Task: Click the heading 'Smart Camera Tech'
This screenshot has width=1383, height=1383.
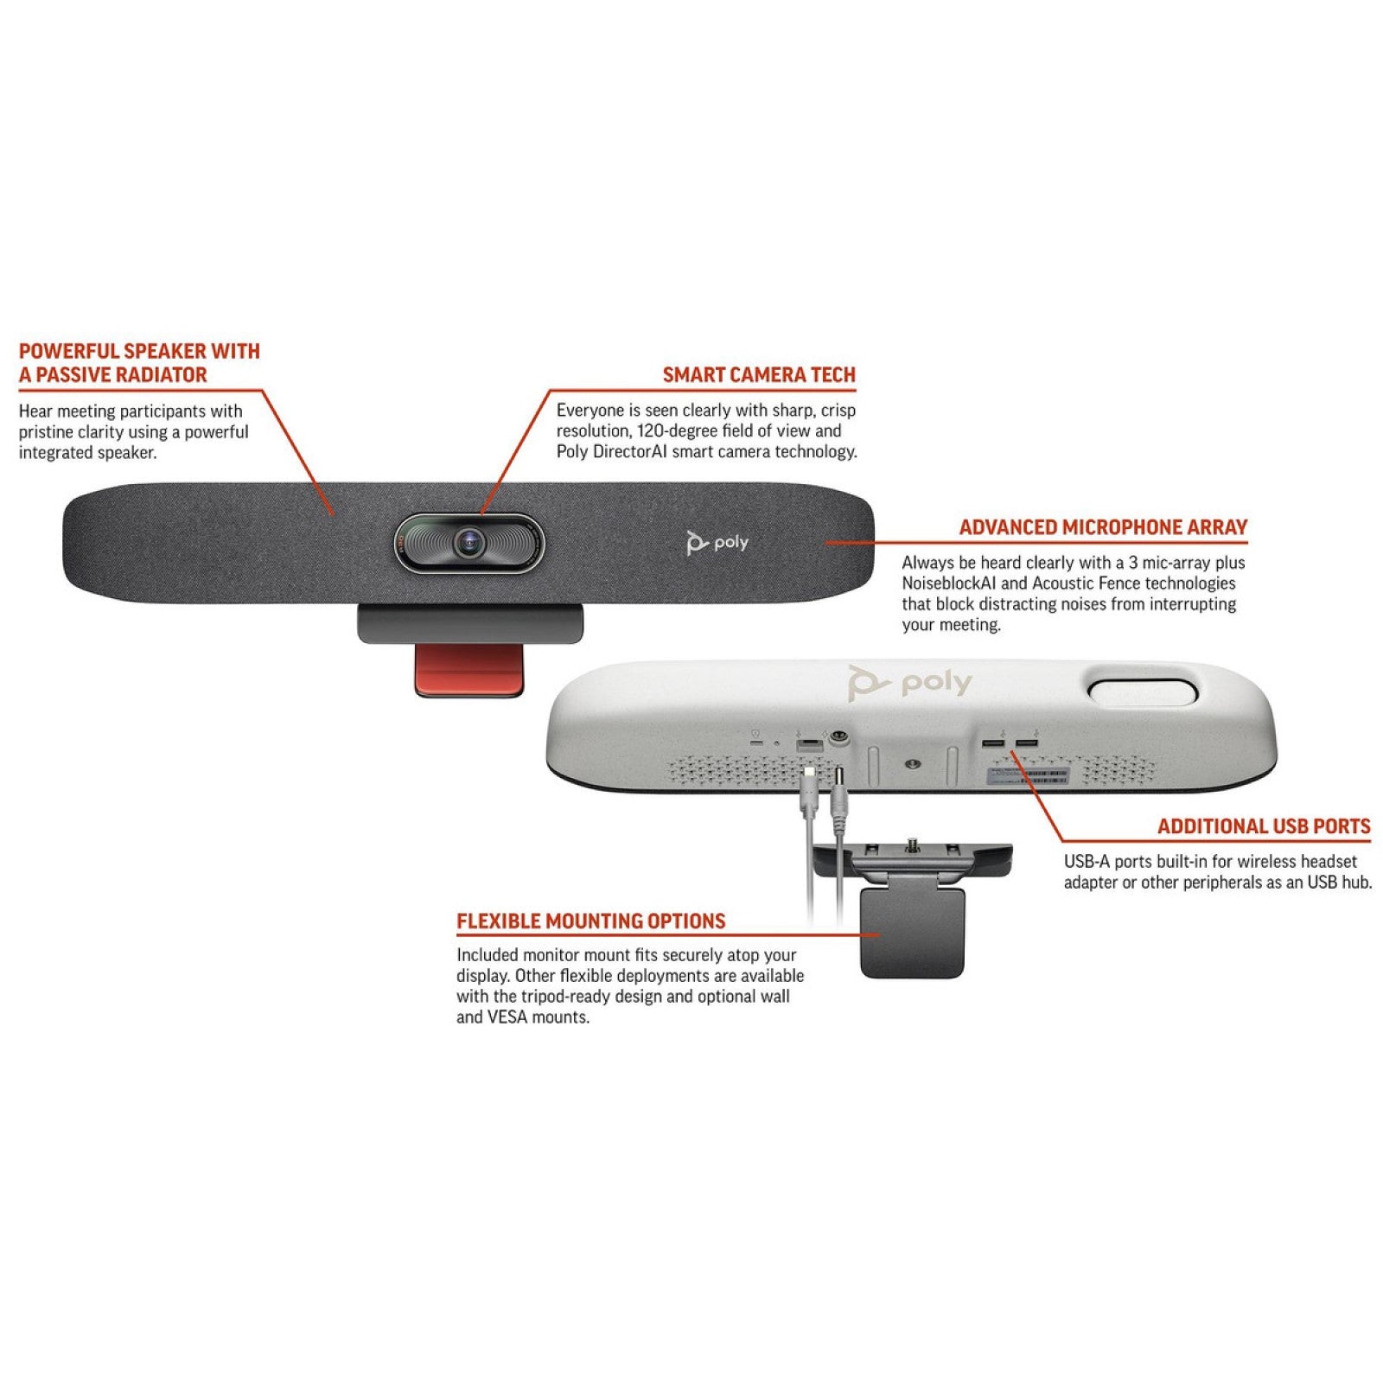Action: [x=759, y=375]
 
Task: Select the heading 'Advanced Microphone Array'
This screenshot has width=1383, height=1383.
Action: [x=1103, y=527]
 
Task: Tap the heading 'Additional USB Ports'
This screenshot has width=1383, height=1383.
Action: [x=1264, y=826]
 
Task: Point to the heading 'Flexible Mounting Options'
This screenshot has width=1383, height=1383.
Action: [x=591, y=921]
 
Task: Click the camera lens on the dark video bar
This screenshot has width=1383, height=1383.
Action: [x=469, y=542]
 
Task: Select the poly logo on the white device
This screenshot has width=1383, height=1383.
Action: [x=909, y=683]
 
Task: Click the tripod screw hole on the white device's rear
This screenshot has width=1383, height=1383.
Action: [x=912, y=764]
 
